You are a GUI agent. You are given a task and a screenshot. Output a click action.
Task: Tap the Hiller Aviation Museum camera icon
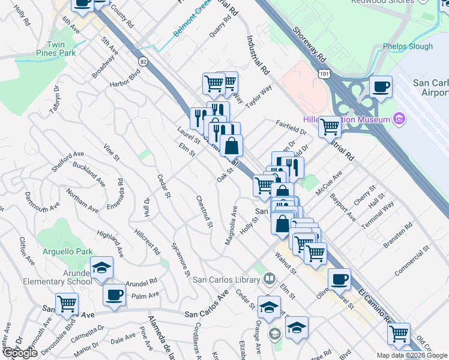pyautogui.click(x=399, y=119)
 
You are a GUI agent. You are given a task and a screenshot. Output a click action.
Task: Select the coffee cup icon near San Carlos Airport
pyautogui.click(x=381, y=88)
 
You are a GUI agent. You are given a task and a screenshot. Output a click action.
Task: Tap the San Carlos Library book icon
pyautogui.click(x=270, y=279)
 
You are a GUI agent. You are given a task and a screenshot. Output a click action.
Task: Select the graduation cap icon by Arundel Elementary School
pyautogui.click(x=102, y=268)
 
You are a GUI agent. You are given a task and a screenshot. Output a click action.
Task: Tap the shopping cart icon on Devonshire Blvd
pyautogui.click(x=67, y=304)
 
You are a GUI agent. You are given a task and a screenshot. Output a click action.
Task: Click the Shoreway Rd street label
pyautogui.click(x=309, y=44)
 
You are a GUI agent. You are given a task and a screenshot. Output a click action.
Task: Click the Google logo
pyautogui.click(x=20, y=353)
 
